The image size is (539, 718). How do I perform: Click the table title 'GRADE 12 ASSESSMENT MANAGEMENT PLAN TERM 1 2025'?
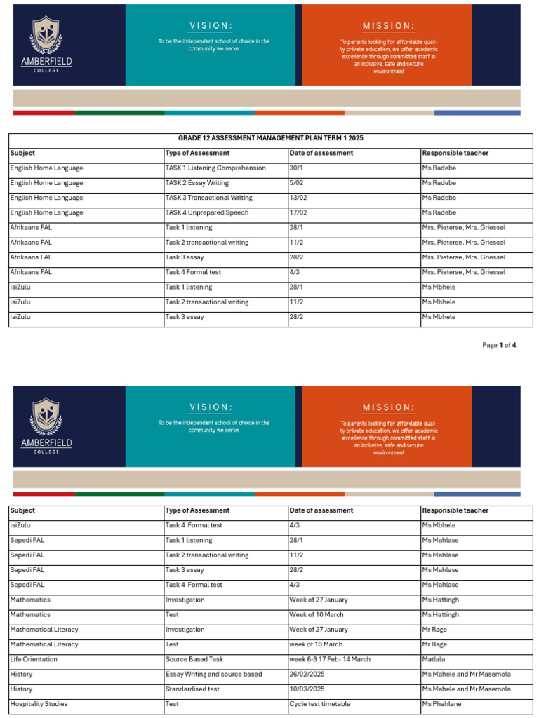coord(270,138)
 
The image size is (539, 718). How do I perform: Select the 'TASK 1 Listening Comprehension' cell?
coord(215,168)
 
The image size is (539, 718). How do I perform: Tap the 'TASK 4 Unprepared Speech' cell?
coord(206,212)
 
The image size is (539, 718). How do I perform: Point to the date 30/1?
coord(297,168)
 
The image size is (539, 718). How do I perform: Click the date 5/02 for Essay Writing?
coord(297,183)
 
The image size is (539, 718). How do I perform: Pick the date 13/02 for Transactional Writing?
coord(298,198)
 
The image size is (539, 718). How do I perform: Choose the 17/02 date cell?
coord(298,212)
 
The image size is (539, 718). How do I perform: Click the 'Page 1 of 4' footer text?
coord(499,345)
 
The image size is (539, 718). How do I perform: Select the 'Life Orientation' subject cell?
coord(34,659)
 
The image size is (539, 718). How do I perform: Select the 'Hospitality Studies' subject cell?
coord(39,704)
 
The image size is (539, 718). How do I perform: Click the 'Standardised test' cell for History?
coord(192,689)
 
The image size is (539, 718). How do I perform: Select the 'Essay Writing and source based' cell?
coord(213,675)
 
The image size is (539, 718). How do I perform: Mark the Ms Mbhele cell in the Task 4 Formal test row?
coord(439,525)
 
